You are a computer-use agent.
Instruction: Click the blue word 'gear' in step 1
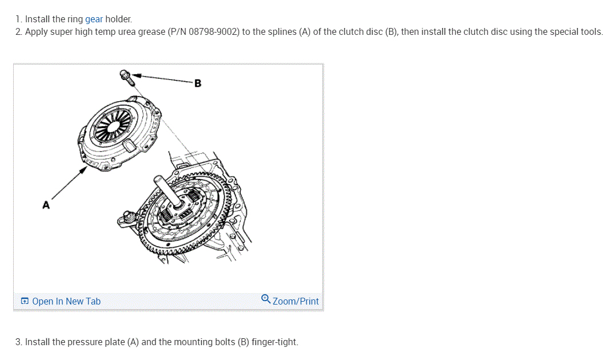[94, 19]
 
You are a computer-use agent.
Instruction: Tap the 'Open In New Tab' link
[66, 301]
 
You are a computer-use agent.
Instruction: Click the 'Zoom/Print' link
[295, 301]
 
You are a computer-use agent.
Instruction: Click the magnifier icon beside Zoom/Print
[266, 299]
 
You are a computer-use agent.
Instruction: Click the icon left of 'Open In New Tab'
[25, 301]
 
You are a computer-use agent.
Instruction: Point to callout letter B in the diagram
[198, 83]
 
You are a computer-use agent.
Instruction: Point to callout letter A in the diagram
[46, 204]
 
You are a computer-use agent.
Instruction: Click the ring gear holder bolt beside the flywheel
[129, 217]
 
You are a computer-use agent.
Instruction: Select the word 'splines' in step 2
[281, 32]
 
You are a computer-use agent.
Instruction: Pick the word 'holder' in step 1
[118, 19]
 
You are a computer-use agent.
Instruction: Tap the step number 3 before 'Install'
[19, 342]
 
